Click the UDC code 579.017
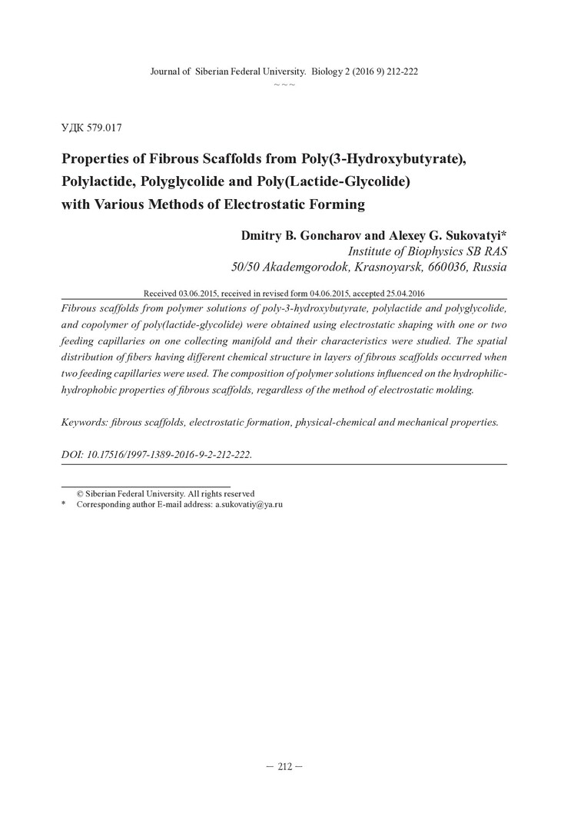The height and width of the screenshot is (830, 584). tap(105, 128)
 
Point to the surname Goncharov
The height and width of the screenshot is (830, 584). tap(315, 234)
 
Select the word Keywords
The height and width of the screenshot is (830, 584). tap(83, 422)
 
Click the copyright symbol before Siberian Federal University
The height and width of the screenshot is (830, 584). tap(79, 493)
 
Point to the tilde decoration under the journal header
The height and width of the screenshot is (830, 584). tap(284, 83)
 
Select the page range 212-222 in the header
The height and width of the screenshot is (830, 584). tap(400, 71)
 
